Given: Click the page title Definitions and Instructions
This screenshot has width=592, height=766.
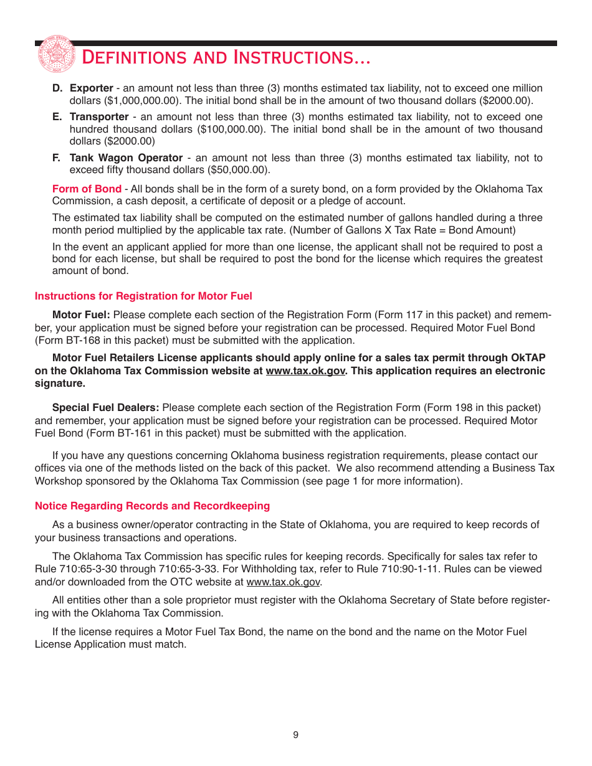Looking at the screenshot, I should coord(226,58).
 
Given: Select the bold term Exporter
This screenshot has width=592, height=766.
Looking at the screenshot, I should coord(92,88).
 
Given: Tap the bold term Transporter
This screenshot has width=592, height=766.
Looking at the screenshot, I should coord(99,117).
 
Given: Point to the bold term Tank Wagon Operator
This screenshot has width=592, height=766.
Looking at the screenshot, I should coord(126,158).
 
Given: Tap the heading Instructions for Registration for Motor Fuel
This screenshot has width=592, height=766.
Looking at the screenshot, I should coord(143,296).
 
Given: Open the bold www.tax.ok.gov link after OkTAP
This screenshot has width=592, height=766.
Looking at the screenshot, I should coord(305,371).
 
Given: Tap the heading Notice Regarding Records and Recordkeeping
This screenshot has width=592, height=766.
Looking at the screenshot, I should coord(152,506).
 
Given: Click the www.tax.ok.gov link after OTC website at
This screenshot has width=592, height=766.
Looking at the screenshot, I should coord(284,582).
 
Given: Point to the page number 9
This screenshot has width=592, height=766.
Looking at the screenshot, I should coord(296,735).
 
